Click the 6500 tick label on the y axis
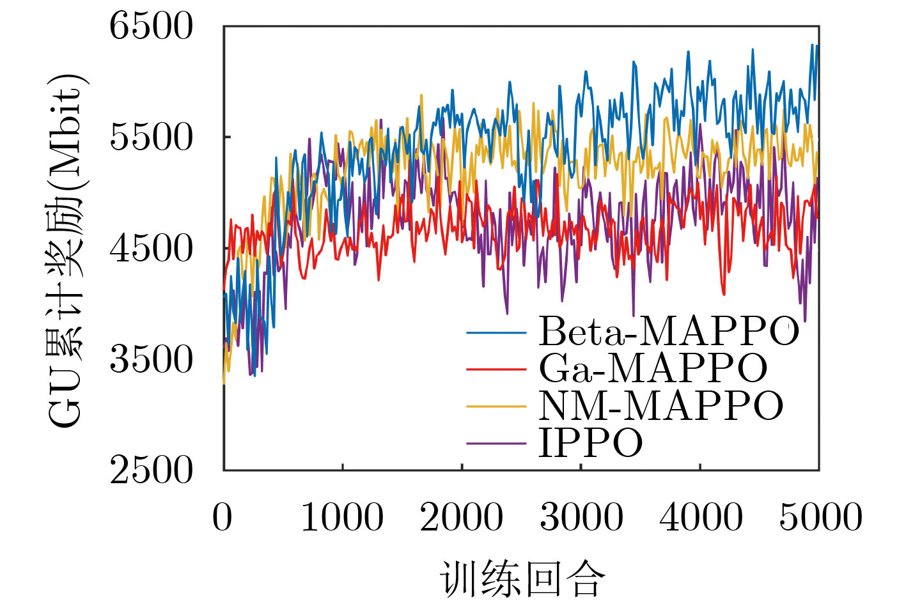pos(151,27)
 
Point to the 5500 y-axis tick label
pos(151,137)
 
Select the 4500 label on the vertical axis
pos(151,249)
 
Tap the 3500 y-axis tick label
pos(151,359)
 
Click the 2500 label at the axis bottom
pos(151,470)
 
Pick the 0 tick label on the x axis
pos(223,517)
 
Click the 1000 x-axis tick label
pos(342,517)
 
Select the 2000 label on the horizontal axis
pos(461,517)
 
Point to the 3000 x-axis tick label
pos(581,517)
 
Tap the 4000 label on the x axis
pos(700,517)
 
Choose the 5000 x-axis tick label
pos(820,517)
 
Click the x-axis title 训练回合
pos(522,579)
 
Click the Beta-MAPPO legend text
pos(669,331)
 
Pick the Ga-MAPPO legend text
pos(653,368)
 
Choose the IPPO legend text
pos(591,442)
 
